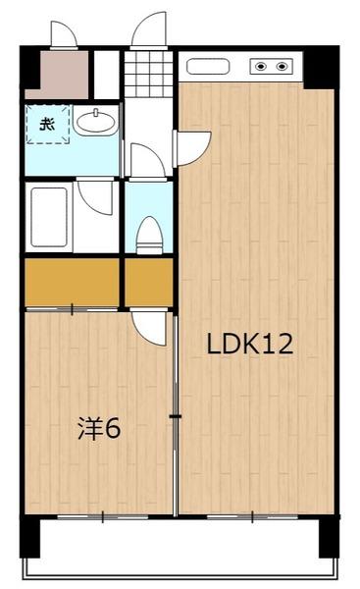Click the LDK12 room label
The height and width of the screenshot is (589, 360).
coord(250,345)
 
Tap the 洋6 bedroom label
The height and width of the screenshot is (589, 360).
coord(100,429)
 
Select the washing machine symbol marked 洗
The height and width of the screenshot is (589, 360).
coord(45,125)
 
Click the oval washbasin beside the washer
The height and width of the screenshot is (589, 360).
coord(95,123)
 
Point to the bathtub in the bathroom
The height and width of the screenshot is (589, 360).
coord(47,216)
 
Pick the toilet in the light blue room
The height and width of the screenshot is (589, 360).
coord(148,235)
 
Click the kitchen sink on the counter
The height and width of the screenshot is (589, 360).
coord(207,67)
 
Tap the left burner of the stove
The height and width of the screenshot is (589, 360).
coord(262,67)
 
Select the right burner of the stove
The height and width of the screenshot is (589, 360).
coord(283,67)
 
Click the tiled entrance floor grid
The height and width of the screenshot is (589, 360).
coord(147,71)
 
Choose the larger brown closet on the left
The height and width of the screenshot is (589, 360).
coord(72,283)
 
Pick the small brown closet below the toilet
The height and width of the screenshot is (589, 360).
coord(147,283)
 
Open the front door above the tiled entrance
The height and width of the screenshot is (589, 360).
coord(149,31)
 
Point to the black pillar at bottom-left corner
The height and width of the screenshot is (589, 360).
coord(32,538)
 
